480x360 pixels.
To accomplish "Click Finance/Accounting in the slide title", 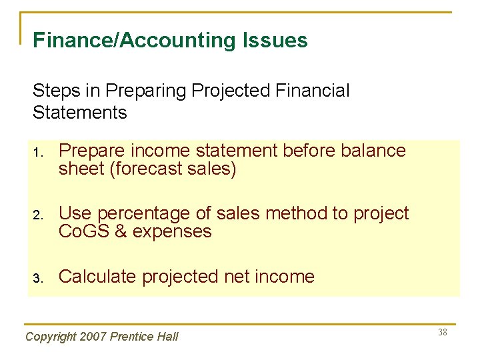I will coord(133,41).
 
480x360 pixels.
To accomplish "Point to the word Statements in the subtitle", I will coord(79,112).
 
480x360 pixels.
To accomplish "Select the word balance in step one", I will coord(373,151).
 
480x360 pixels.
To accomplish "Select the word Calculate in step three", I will coord(99,277).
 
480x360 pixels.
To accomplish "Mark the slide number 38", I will coord(443,332).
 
